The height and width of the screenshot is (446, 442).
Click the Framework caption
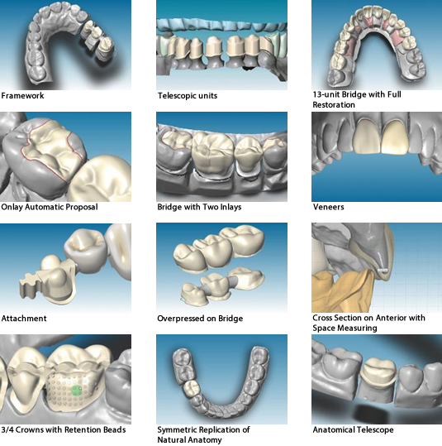coord(22,96)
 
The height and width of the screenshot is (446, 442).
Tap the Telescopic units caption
coord(188,96)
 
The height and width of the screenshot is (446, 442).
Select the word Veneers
coord(328,207)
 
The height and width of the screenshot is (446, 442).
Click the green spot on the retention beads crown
coord(76,391)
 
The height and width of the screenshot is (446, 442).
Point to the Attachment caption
coord(24,319)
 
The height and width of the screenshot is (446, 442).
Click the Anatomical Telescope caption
coord(353,429)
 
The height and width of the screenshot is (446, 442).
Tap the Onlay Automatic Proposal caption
coord(50,207)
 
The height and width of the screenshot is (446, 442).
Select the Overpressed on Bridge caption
coord(200,319)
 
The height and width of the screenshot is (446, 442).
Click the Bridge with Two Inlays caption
coord(199,207)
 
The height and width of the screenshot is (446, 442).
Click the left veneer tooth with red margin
coord(368,137)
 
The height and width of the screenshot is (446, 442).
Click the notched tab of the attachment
coord(28,286)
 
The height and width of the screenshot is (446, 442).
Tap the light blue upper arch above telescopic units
coord(221,25)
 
